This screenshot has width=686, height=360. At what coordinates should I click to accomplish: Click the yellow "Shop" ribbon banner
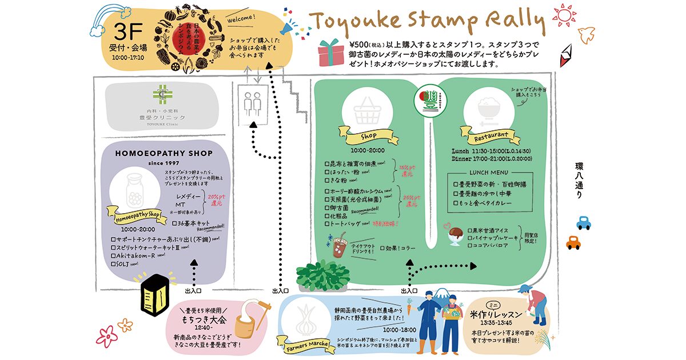pyautogui.click(x=369, y=137)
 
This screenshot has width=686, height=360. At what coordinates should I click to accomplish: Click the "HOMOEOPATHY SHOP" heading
pyautogui.click(x=163, y=153)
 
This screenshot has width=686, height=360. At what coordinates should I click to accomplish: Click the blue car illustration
pyautogui.click(x=583, y=222)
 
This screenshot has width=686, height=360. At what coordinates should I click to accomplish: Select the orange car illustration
pyautogui.click(x=573, y=243)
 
